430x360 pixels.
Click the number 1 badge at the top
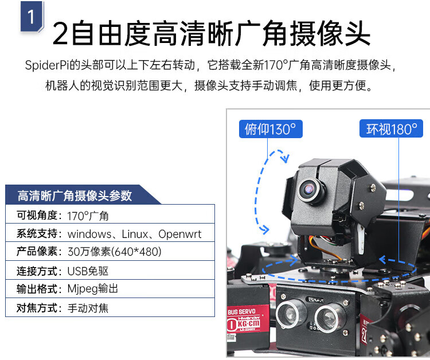pos(32,17)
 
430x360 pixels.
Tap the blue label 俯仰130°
pos(271,129)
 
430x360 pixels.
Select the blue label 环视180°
pos(392,128)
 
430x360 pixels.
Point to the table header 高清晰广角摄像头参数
pos(75,195)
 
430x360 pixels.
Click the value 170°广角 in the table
pos(88,216)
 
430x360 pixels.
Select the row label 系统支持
pos(37,234)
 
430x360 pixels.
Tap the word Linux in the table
pos(135,234)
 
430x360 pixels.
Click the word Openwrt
pos(180,234)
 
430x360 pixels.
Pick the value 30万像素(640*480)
pos(114,252)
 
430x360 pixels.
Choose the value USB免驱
pos(88,271)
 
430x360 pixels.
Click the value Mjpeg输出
pos(93,289)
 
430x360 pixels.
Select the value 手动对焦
pos(88,308)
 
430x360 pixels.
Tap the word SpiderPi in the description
pos(47,65)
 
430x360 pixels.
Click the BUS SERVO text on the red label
pos(241,312)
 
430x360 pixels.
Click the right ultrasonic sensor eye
pos(327,318)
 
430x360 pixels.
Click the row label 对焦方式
pos(37,308)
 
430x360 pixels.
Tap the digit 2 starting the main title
pos(60,33)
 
